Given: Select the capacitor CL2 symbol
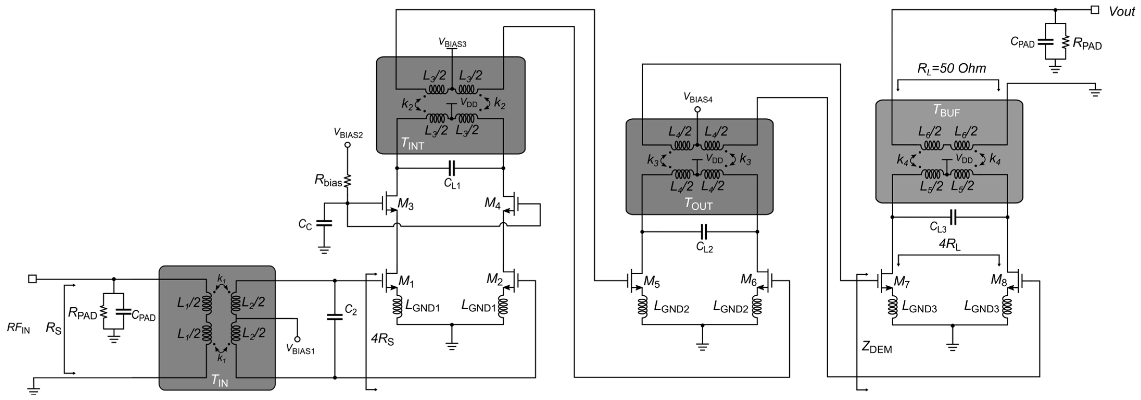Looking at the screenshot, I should (703, 231).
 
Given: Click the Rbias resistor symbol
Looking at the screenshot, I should (348, 180).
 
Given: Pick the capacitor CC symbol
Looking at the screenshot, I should (324, 223).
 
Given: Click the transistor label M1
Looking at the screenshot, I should (406, 281).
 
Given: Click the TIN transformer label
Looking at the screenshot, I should (219, 380).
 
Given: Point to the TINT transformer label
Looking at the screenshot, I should (412, 143).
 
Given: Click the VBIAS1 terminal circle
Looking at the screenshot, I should (297, 339).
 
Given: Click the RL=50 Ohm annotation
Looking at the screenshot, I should (951, 69).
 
